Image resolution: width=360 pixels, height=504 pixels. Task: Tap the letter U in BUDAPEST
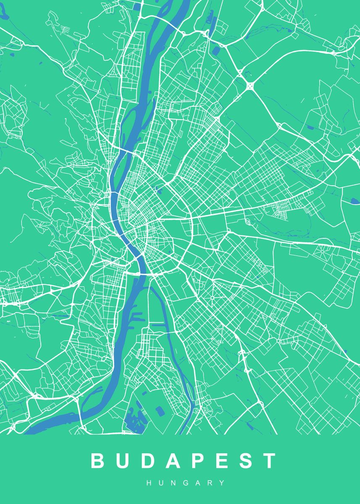[122, 461]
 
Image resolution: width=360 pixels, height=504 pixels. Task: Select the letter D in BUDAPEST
[147, 461]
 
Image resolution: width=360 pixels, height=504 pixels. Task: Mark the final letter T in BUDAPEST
[268, 461]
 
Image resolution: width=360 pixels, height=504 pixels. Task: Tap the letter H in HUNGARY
[149, 483]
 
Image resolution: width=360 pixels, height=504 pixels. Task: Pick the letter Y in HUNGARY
[222, 483]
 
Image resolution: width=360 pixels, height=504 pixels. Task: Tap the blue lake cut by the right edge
[355, 201]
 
